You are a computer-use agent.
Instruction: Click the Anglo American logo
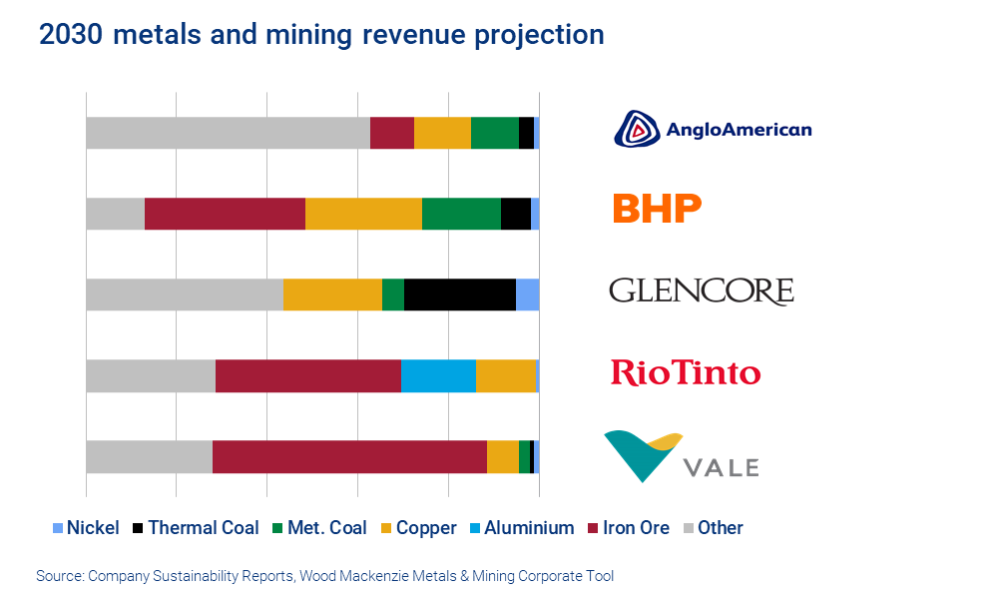pyautogui.click(x=712, y=130)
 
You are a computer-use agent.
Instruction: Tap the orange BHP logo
pyautogui.click(x=656, y=209)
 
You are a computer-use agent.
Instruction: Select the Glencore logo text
pyautogui.click(x=701, y=292)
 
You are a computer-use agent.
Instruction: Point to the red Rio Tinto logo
pyautogui.click(x=685, y=373)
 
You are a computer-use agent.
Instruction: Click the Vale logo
pyautogui.click(x=683, y=457)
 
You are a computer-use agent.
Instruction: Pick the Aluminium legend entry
pyautogui.click(x=520, y=528)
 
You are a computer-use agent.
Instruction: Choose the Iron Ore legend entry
pyautogui.click(x=628, y=528)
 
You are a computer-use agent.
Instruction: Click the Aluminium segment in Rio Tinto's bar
pyautogui.click(x=438, y=375)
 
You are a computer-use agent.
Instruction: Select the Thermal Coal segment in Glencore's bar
pyautogui.click(x=459, y=295)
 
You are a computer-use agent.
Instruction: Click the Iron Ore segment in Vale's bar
pyautogui.click(x=349, y=456)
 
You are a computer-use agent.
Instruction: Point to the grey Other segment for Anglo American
pyautogui.click(x=228, y=133)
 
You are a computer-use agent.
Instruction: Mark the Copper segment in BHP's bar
pyautogui.click(x=363, y=214)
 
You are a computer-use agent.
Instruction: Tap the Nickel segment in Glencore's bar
pyautogui.click(x=527, y=295)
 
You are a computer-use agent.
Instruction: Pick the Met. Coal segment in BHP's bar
pyautogui.click(x=461, y=214)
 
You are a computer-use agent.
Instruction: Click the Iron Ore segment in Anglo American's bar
pyautogui.click(x=391, y=133)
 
